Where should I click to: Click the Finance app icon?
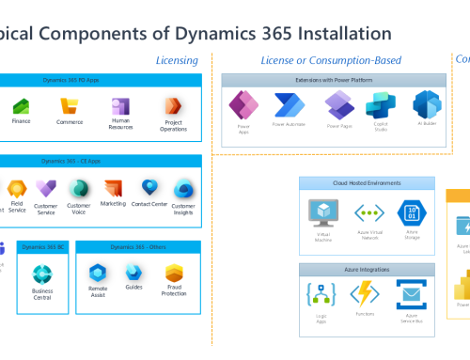(21, 106)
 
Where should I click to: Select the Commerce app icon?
(70, 106)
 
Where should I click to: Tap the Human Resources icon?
(120, 106)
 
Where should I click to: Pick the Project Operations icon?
(172, 106)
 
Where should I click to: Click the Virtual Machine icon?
(325, 211)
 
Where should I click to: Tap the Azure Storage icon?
(411, 211)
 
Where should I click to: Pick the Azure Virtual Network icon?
(368, 211)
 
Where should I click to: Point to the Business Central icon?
(42, 274)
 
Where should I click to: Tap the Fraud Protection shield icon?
(174, 274)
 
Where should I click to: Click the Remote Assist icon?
(98, 274)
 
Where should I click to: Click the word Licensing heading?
(177, 61)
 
